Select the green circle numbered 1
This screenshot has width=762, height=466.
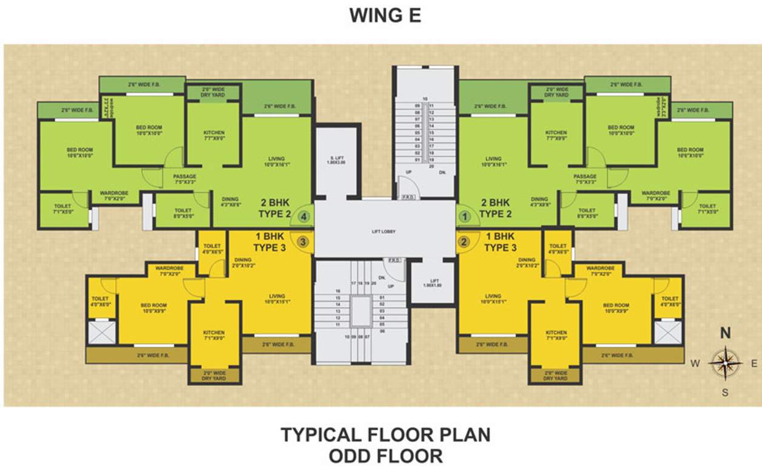465,215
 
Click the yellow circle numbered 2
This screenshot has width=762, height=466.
465,241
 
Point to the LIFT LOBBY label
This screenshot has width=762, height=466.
385,231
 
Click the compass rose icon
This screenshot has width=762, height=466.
725,363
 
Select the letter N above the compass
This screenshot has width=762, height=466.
725,333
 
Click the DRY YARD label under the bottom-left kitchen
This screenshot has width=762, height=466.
214,376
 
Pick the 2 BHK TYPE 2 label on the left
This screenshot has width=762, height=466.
275,208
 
